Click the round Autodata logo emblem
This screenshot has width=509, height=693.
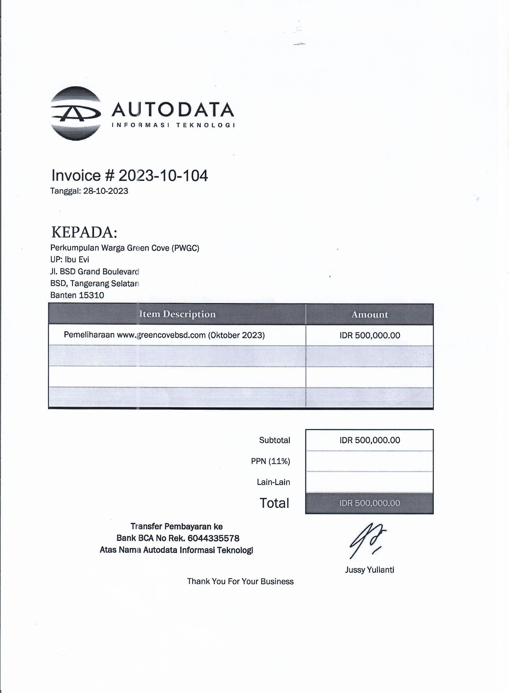(x=75, y=114)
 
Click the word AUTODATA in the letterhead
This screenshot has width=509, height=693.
(x=172, y=110)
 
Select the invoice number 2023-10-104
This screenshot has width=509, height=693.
(x=163, y=175)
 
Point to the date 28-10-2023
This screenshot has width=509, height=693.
(x=106, y=191)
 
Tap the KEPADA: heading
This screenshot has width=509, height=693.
(x=84, y=232)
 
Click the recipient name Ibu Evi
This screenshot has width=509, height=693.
(x=77, y=259)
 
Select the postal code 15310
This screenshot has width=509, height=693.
(x=91, y=295)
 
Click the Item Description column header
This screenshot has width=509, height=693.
(x=177, y=314)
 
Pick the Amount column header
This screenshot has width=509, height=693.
(x=369, y=314)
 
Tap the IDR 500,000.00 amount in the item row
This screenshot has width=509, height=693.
(x=369, y=335)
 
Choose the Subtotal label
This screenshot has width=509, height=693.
(x=274, y=440)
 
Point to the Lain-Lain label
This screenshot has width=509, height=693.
(x=273, y=482)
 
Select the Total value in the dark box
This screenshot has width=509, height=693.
(x=369, y=503)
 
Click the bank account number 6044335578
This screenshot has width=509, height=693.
(x=213, y=538)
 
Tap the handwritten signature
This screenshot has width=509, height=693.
(x=367, y=540)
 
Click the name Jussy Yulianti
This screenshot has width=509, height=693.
(x=369, y=570)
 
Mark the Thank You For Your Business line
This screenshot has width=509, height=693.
(x=240, y=582)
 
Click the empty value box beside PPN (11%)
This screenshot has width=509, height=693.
(x=369, y=461)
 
